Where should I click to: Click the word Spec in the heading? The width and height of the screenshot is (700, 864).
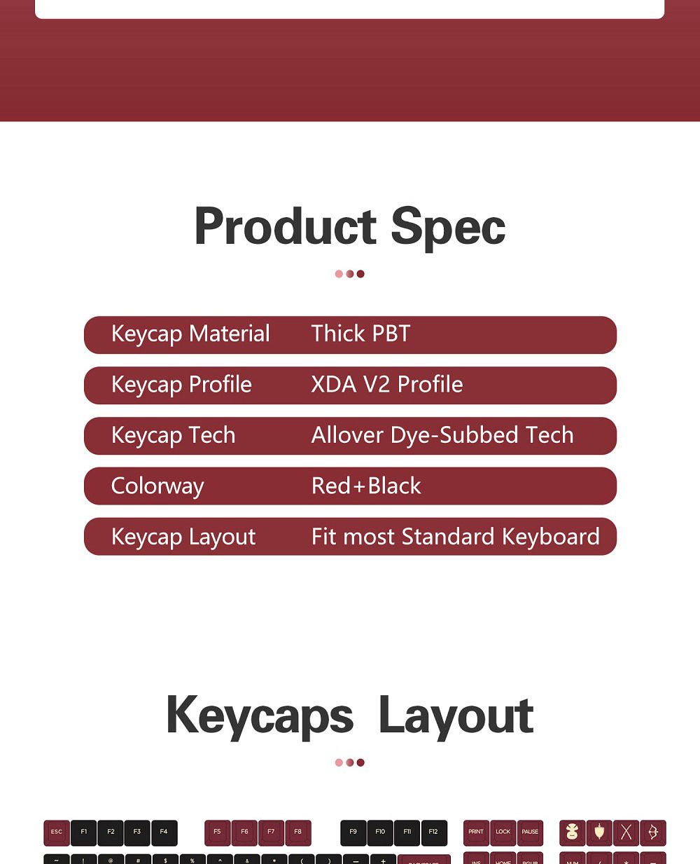click(x=448, y=227)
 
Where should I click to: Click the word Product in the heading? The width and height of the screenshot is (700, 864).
click(x=286, y=227)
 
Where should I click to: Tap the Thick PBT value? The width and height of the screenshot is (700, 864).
click(x=360, y=334)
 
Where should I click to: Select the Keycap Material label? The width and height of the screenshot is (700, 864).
click(x=190, y=334)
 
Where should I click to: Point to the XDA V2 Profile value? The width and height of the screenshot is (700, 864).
click(x=387, y=385)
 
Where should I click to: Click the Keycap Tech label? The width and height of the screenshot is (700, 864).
click(x=173, y=435)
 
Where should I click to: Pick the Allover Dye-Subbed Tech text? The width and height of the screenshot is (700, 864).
click(x=442, y=435)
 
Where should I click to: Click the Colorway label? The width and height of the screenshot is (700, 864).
click(x=157, y=486)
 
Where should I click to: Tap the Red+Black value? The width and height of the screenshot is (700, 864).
click(x=366, y=486)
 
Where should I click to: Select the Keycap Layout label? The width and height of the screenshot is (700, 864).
click(x=183, y=537)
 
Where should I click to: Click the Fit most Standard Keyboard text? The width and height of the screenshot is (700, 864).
click(x=456, y=537)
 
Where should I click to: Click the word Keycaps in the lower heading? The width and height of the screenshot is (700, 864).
click(x=260, y=716)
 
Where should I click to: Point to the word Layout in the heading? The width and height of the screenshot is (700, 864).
click(x=456, y=716)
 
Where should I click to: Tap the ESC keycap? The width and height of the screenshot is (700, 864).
click(x=57, y=832)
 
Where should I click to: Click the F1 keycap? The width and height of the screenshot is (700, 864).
click(x=83, y=832)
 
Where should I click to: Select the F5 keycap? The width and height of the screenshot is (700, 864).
click(x=217, y=832)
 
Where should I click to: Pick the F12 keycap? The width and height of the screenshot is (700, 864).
click(x=433, y=832)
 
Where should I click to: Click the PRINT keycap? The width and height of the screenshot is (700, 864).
click(x=476, y=832)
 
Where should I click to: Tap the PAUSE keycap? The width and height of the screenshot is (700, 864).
click(x=530, y=832)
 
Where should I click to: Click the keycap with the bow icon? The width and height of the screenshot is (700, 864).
click(x=652, y=832)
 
